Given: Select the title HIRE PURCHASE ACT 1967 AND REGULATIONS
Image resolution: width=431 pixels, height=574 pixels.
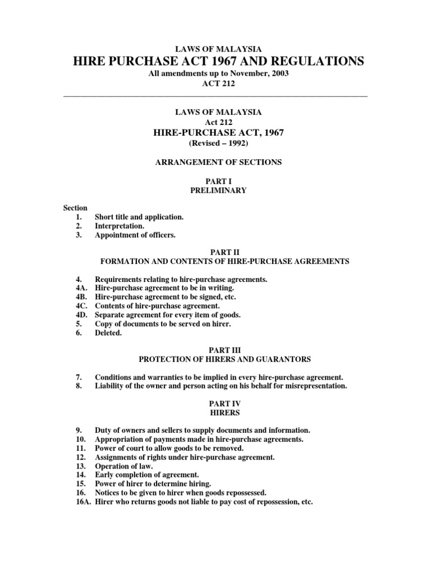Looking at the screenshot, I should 215,61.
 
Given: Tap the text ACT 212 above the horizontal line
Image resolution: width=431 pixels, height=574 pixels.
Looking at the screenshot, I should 215,84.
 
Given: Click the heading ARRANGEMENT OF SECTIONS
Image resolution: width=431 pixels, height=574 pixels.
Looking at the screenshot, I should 216,162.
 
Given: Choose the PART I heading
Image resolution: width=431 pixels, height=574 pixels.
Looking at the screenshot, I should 216,182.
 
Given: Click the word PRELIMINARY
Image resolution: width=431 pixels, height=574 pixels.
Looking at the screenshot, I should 216,191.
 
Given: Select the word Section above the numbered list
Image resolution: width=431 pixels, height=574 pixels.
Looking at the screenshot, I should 75,208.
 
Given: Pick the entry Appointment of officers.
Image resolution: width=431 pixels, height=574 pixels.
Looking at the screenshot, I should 135,235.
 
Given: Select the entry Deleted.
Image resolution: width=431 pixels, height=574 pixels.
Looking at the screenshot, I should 108,333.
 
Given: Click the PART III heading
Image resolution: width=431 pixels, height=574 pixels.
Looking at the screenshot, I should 216,350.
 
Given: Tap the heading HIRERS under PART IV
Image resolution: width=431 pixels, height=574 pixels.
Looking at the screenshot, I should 216,412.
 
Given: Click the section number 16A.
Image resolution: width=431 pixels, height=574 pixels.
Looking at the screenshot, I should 81,502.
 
